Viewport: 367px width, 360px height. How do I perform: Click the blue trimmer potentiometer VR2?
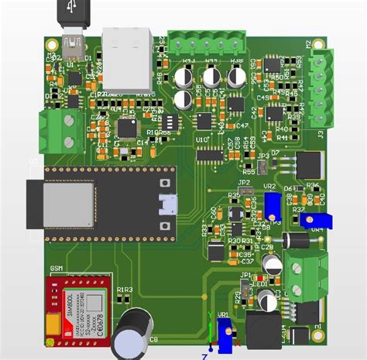[272, 204]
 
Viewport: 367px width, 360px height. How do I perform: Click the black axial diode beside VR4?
[296, 240]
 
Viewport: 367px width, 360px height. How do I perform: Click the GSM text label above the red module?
[57, 269]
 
